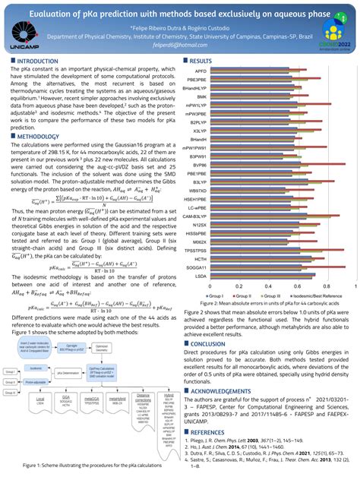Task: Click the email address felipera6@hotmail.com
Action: [x=180, y=46]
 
